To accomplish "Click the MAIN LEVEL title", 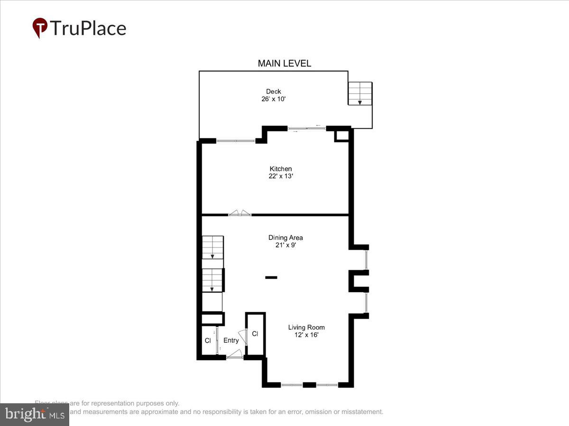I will click(x=284, y=63).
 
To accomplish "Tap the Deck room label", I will click(x=273, y=91).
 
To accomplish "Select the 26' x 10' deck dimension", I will click(x=273, y=99).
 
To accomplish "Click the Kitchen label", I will click(x=281, y=169).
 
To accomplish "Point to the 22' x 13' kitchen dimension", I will click(x=281, y=176).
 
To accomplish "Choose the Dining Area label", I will click(x=285, y=238).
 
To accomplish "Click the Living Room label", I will click(x=306, y=327).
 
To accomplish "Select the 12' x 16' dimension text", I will click(x=306, y=335).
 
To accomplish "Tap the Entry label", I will click(x=231, y=340).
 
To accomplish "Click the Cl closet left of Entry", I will click(x=208, y=340).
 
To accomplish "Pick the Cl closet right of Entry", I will click(x=255, y=334).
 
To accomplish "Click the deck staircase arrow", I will click(x=360, y=102).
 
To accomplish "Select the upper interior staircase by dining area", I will click(x=212, y=247).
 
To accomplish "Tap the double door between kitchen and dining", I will click(x=239, y=213).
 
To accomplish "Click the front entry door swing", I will click(x=235, y=354).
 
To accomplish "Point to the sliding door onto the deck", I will click(x=306, y=128).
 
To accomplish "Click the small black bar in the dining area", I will click(x=271, y=277).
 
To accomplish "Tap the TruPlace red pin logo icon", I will click(x=40, y=27).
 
